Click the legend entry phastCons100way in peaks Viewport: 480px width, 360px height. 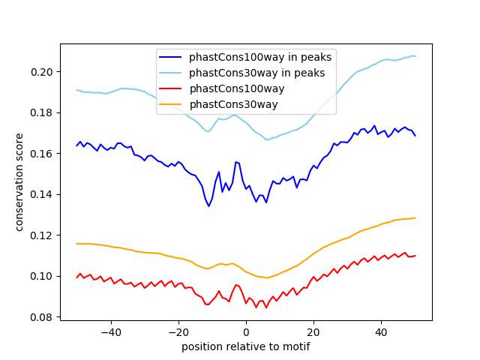tap(260, 57)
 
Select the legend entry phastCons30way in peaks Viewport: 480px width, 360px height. tap(256, 73)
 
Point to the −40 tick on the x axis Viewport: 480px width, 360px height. tap(111, 331)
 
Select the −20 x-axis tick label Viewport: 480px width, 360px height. tap(178, 331)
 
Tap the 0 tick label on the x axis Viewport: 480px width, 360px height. tap(246, 331)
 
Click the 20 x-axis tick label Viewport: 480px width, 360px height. tap(313, 331)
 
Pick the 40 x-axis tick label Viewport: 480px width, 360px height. tap(381, 331)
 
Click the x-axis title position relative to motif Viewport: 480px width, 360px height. tap(245, 346)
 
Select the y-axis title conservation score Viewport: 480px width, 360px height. tap(19, 182)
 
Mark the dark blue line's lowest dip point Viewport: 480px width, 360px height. tap(208, 206)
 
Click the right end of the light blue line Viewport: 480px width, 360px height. tap(415, 56)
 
